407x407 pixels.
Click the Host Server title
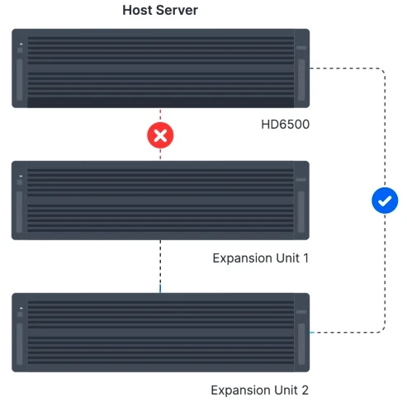[160, 11]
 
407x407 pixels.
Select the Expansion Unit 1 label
[260, 258]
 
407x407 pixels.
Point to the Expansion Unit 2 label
[259, 390]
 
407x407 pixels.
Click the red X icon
[160, 135]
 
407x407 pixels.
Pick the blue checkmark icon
[385, 200]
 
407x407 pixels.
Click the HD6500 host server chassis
[160, 69]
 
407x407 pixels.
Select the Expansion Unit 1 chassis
[160, 201]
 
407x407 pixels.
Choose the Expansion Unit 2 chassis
[160, 333]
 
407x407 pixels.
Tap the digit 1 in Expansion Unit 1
[305, 258]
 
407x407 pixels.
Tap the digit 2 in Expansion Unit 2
[305, 390]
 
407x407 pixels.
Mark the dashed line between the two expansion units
[160, 266]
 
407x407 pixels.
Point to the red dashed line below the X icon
[160, 154]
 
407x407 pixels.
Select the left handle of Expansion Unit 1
[19, 213]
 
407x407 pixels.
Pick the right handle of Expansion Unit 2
[301, 346]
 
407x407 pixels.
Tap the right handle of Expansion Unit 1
[301, 213]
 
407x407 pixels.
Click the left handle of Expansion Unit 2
[19, 346]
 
